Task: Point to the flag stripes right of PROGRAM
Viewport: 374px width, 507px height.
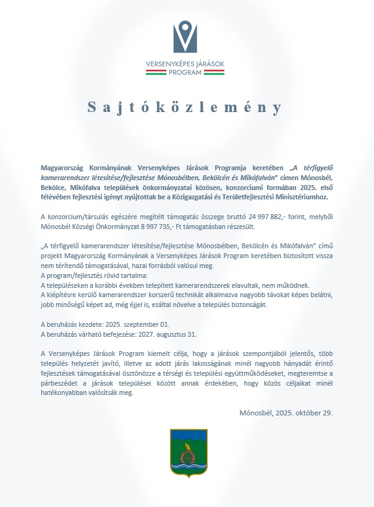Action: [214, 72]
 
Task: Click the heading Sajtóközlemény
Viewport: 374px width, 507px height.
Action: [186, 107]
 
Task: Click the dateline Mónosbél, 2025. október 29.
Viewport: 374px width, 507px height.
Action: [286, 412]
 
